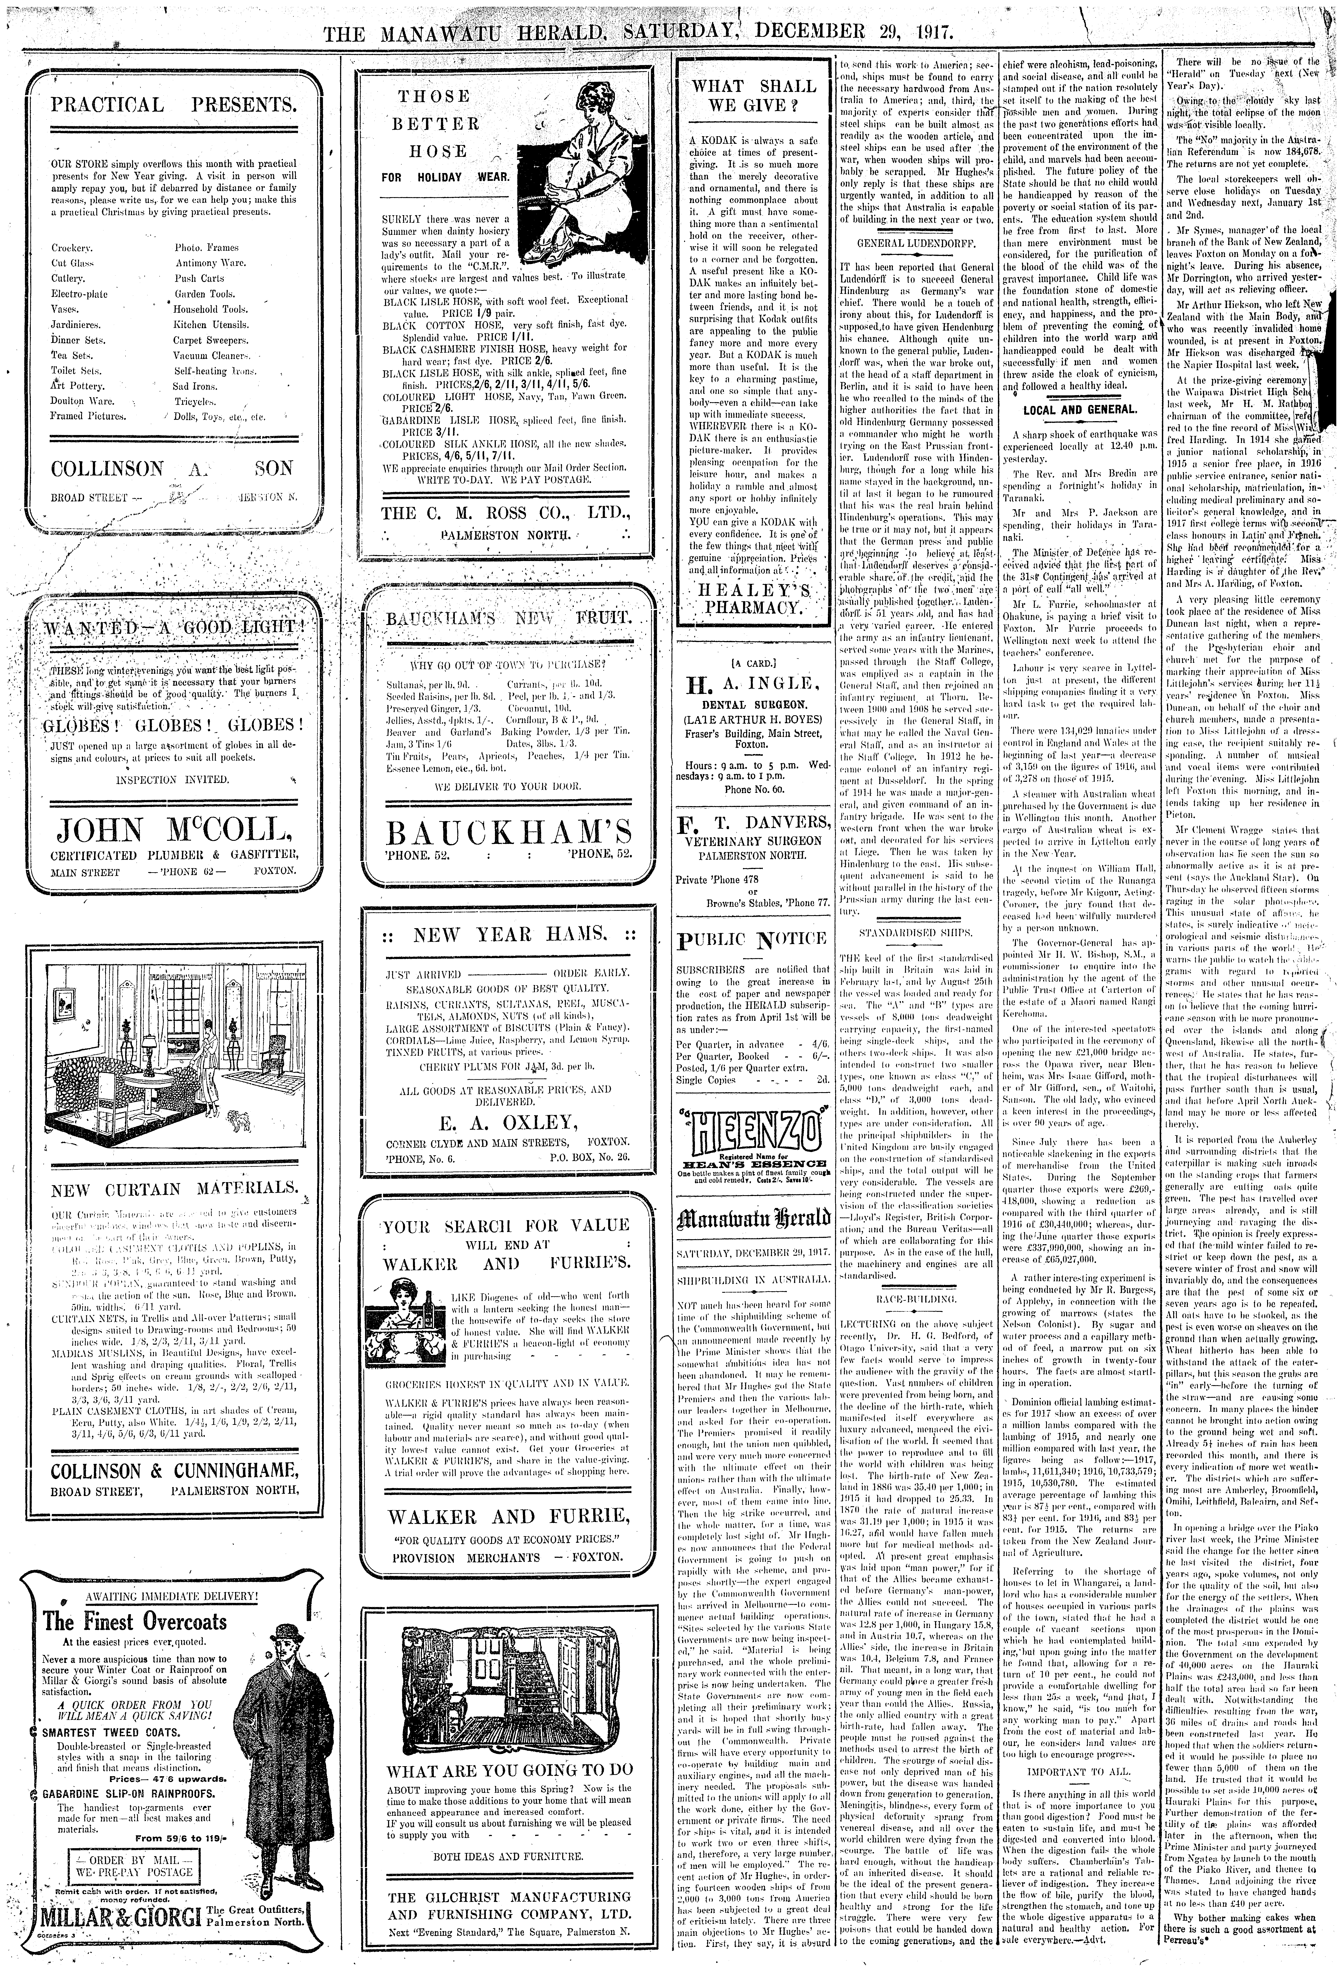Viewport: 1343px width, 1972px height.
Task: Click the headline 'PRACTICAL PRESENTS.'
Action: pyautogui.click(x=174, y=105)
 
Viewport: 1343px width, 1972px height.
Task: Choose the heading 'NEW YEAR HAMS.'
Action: pyautogui.click(x=507, y=935)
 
